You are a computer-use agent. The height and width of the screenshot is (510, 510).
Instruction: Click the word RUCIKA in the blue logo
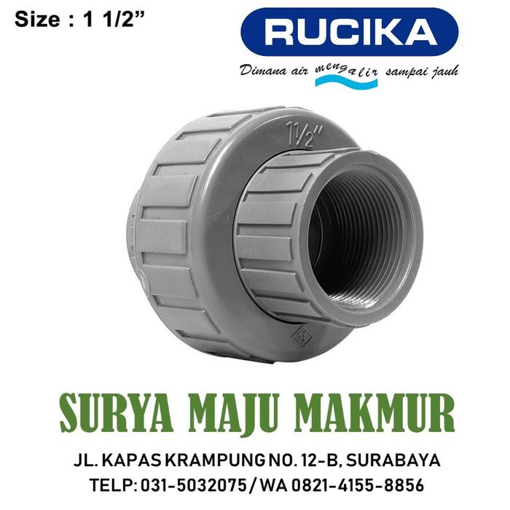350,32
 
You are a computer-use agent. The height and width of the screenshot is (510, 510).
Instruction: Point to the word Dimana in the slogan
262,71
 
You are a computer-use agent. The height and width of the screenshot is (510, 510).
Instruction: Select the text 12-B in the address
314,460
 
